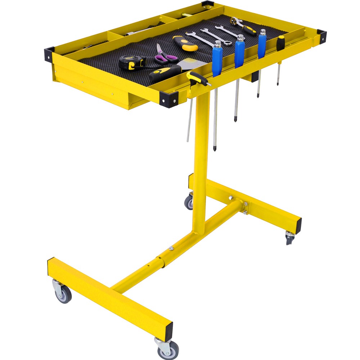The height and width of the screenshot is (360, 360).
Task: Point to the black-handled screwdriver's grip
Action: [280, 43]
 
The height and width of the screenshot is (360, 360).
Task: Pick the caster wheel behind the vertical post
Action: [189, 203]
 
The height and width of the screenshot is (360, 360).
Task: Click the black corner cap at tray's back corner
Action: [208, 4]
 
